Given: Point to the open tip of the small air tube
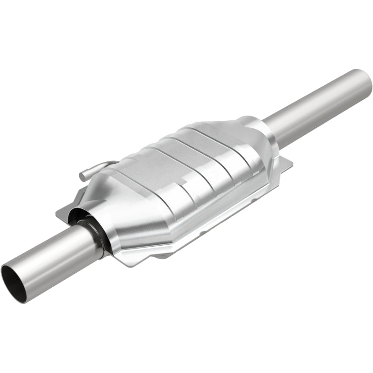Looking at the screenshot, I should tap(83, 176).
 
